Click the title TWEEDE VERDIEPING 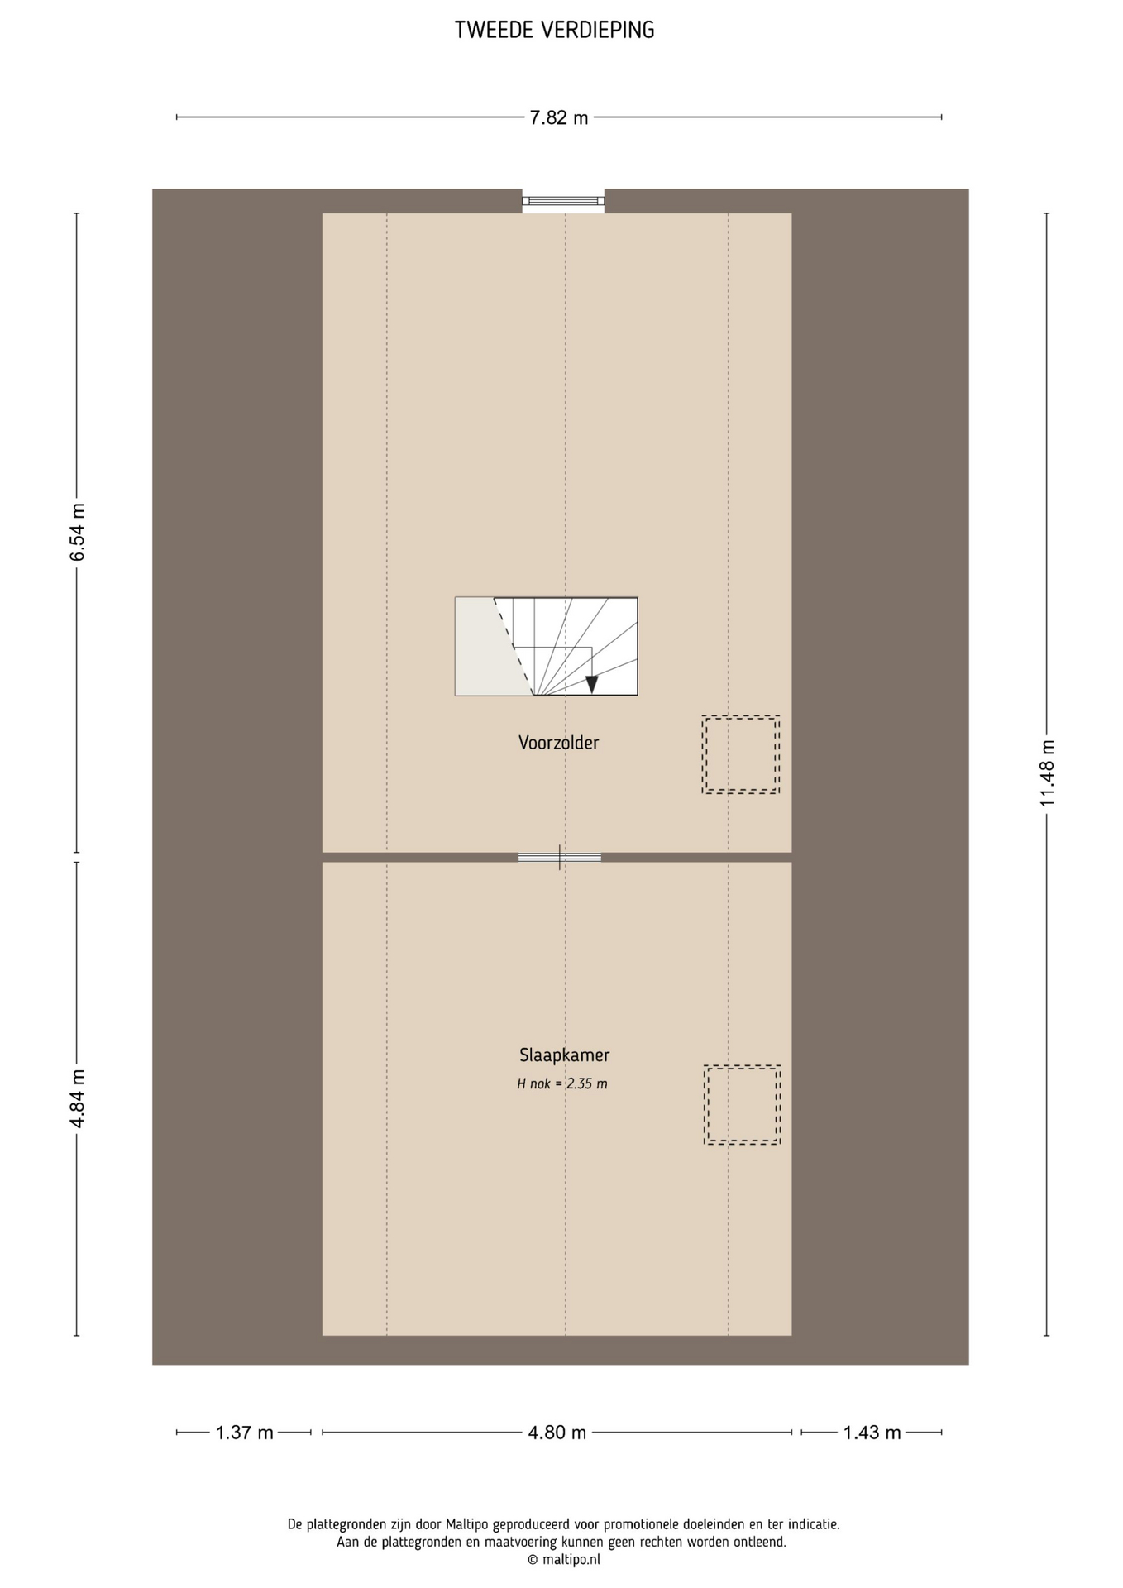pyautogui.click(x=554, y=31)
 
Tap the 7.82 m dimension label pyautogui.click(x=559, y=118)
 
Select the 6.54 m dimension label pyautogui.click(x=78, y=533)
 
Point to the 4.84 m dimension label pyautogui.click(x=78, y=1099)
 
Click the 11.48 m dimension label pyautogui.click(x=1048, y=773)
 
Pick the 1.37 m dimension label pyautogui.click(x=244, y=1433)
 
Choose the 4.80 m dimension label pyautogui.click(x=557, y=1433)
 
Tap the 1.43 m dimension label pyautogui.click(x=872, y=1433)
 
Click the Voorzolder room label pyautogui.click(x=559, y=743)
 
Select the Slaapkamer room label pyautogui.click(x=565, y=1055)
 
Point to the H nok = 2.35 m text pyautogui.click(x=562, y=1083)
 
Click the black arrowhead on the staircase pyautogui.click(x=591, y=684)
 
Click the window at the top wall pyautogui.click(x=563, y=201)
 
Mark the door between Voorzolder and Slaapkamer pyautogui.click(x=560, y=858)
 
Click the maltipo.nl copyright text pyautogui.click(x=564, y=1560)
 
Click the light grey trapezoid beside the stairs pyautogui.click(x=488, y=646)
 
